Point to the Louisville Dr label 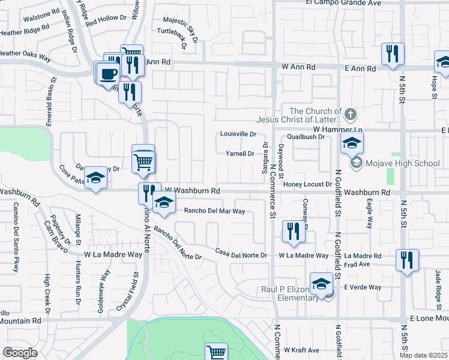click(238, 134)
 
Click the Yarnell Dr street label click(240, 154)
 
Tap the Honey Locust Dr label click(307, 184)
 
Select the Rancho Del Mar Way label click(214, 211)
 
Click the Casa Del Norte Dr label click(241, 255)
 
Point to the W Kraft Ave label click(302, 350)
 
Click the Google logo click(20, 353)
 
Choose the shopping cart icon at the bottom click(216, 352)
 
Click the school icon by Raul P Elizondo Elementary click(322, 284)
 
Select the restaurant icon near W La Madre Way click(294, 231)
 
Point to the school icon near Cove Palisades click(95, 178)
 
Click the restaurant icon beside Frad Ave click(407, 260)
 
